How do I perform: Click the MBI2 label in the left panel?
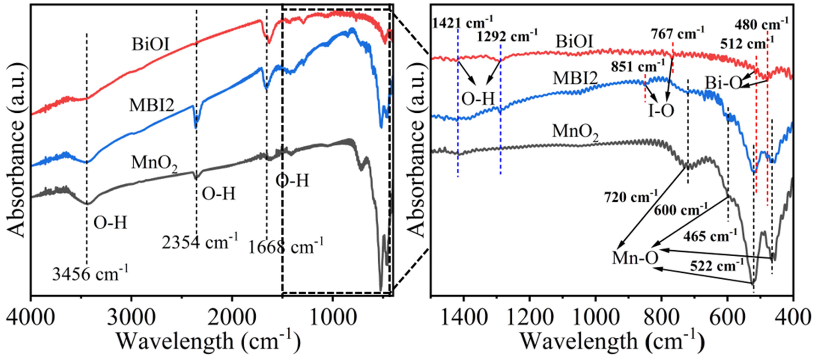tap(152, 105)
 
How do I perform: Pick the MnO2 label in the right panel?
tap(575, 131)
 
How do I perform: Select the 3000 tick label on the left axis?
tap(131, 317)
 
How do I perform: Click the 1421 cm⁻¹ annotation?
tap(462, 23)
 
